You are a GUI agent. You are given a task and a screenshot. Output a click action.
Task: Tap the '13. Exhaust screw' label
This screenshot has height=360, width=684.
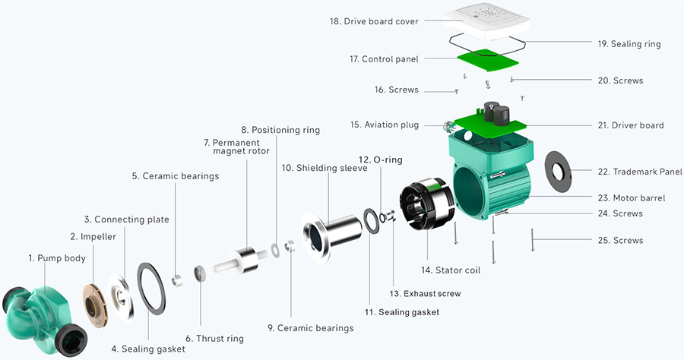(x=425, y=293)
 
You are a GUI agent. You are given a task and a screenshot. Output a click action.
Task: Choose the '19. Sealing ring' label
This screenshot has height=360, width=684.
(x=629, y=44)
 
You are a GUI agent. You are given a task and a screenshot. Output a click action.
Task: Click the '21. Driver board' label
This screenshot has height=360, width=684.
(x=631, y=125)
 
